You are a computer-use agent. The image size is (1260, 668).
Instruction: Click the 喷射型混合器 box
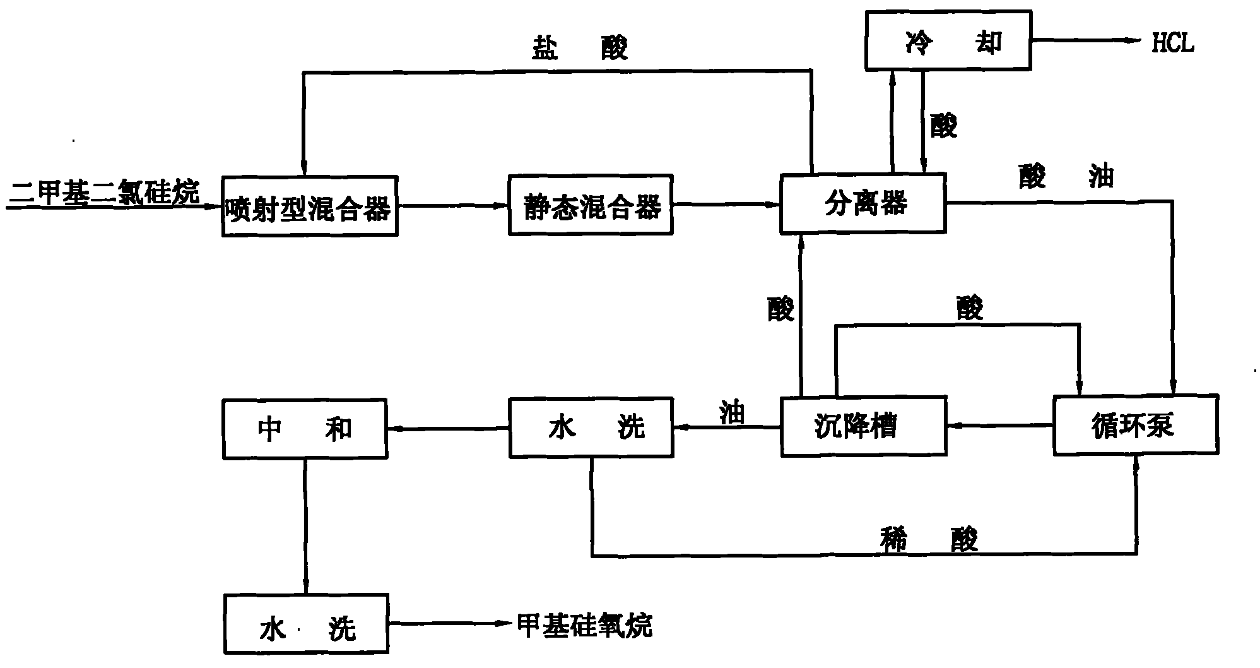pyautogui.click(x=310, y=206)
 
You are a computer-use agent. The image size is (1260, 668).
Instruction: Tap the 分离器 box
pyautogui.click(x=863, y=203)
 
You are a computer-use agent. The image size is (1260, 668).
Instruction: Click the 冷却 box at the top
pyautogui.click(x=948, y=39)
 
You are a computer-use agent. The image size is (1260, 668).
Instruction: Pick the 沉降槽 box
pyautogui.click(x=863, y=426)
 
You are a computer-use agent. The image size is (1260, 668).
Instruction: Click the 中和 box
pyautogui.click(x=305, y=429)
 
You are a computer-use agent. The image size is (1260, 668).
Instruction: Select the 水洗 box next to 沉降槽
pyautogui.click(x=591, y=427)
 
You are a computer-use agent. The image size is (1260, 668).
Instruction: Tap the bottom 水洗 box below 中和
pyautogui.click(x=307, y=623)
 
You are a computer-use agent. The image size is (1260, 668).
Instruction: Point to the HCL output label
pyautogui.click(x=1173, y=43)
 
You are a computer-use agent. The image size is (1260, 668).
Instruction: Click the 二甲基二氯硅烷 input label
pyautogui.click(x=104, y=191)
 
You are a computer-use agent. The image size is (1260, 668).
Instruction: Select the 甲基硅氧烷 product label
pyautogui.click(x=584, y=625)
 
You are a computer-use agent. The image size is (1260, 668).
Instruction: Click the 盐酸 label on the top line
pyautogui.click(x=579, y=47)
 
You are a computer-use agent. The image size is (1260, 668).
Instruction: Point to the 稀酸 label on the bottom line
pyautogui.click(x=929, y=539)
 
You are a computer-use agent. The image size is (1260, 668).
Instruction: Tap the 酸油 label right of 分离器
pyautogui.click(x=1066, y=177)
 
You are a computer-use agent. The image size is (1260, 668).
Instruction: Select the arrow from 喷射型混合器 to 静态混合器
pyautogui.click(x=454, y=205)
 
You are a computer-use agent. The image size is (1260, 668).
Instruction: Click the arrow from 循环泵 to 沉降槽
pyautogui.click(x=1000, y=426)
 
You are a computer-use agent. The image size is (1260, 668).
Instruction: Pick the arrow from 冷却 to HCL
pyautogui.click(x=1088, y=40)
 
